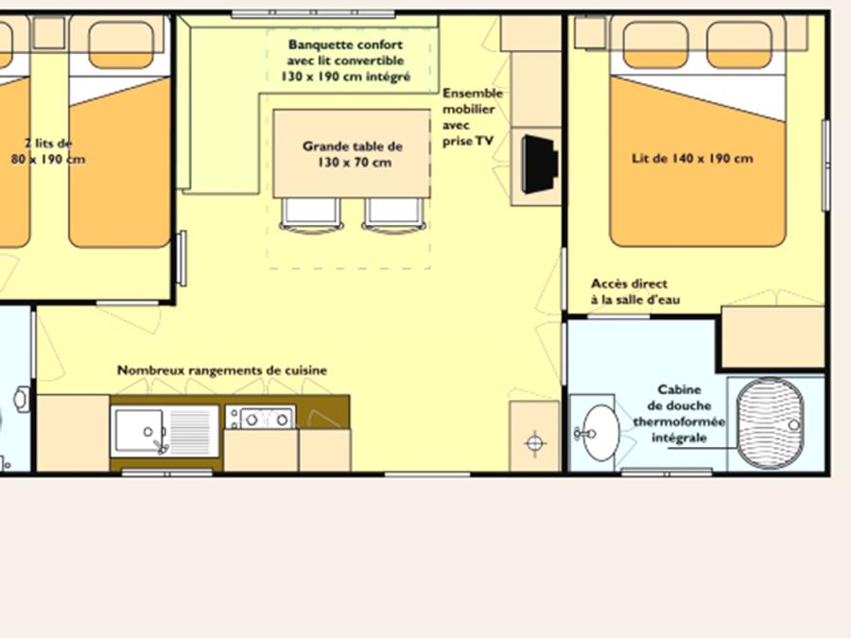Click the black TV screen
click(540, 164)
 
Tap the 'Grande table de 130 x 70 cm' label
click(353, 154)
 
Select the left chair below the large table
click(311, 216)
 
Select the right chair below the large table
click(394, 216)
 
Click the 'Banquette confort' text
click(345, 44)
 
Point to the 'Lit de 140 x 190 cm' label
click(692, 159)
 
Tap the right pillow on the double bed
click(739, 45)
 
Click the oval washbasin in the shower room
click(600, 433)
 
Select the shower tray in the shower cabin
click(770, 423)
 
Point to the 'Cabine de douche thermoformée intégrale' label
click(679, 413)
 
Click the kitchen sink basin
click(139, 431)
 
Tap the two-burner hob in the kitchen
click(261, 417)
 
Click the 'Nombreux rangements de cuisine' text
click(222, 370)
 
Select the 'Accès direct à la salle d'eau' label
click(635, 291)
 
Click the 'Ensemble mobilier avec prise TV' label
click(472, 116)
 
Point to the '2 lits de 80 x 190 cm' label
click(48, 151)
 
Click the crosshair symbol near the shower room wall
click(535, 443)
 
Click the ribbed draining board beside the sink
click(189, 431)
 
